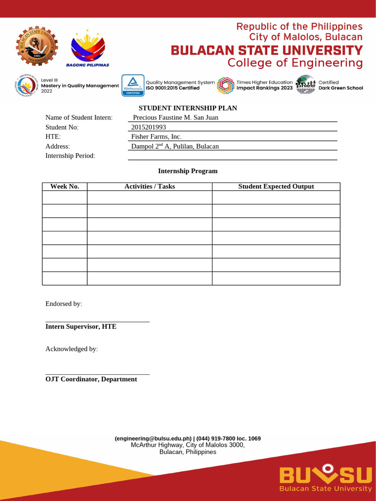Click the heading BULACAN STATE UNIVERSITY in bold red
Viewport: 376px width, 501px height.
266,50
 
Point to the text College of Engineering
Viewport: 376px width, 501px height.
295,63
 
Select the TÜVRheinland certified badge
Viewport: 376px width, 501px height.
133,85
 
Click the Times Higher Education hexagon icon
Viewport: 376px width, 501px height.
226,85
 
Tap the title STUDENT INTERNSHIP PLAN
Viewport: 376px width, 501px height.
188,108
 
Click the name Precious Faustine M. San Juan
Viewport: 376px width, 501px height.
175,117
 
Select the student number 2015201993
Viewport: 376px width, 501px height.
149,127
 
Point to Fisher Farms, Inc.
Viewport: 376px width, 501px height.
156,137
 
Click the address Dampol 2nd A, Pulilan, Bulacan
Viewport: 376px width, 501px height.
175,146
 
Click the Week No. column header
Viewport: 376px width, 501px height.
65,186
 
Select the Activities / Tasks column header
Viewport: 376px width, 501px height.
149,186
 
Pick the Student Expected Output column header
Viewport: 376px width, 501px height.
276,186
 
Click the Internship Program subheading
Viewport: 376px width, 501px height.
188,171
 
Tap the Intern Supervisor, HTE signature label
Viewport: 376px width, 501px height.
81,326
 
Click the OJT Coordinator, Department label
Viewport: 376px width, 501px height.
91,379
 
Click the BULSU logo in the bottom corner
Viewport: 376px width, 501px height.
325,478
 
